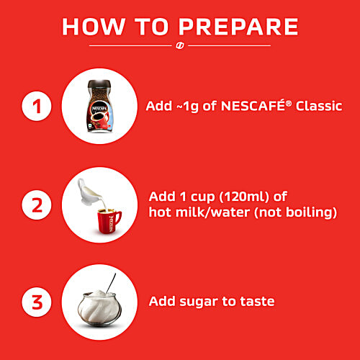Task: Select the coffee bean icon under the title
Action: [x=180, y=45]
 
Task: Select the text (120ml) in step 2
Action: [x=244, y=197]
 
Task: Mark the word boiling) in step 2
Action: [x=312, y=212]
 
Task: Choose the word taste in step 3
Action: [x=257, y=301]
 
